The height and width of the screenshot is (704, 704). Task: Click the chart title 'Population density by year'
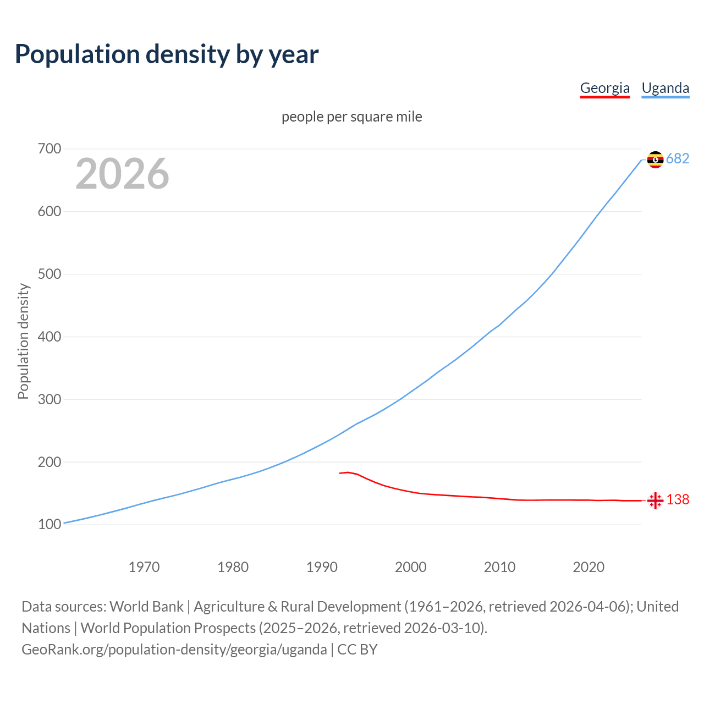click(167, 54)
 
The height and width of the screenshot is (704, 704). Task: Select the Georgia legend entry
click(604, 88)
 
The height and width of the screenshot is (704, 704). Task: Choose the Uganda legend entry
click(665, 88)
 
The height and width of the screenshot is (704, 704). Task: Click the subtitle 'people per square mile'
click(351, 117)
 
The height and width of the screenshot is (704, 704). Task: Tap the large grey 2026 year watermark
click(122, 174)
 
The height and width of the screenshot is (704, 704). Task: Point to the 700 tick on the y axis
click(50, 149)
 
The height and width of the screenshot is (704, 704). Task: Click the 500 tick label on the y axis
click(50, 274)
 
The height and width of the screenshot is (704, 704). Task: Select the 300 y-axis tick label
click(50, 399)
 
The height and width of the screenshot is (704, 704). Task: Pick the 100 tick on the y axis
click(50, 525)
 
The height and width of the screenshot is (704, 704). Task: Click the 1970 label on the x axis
click(144, 567)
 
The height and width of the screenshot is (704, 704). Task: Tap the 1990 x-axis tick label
click(322, 567)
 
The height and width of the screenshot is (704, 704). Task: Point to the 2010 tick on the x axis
click(499, 567)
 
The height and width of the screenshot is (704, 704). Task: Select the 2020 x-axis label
click(588, 567)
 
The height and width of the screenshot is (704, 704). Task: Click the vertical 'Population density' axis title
click(23, 341)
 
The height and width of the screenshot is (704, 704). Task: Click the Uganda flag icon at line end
click(655, 159)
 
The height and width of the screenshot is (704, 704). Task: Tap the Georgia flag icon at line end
click(655, 501)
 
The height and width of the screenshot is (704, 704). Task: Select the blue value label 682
click(678, 159)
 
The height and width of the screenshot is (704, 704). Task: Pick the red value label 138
click(678, 500)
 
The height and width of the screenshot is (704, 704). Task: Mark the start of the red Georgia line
click(340, 473)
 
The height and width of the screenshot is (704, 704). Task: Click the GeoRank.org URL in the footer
click(174, 650)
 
